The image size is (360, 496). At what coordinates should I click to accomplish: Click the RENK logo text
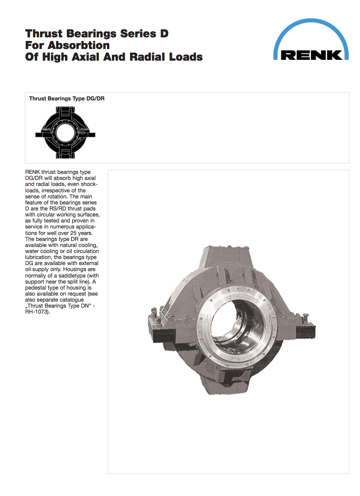click(311, 54)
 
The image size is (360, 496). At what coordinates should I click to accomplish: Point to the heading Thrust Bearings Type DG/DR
click(67, 98)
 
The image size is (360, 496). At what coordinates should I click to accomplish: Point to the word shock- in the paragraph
click(88, 184)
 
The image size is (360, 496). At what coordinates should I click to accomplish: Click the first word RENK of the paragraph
click(33, 172)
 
